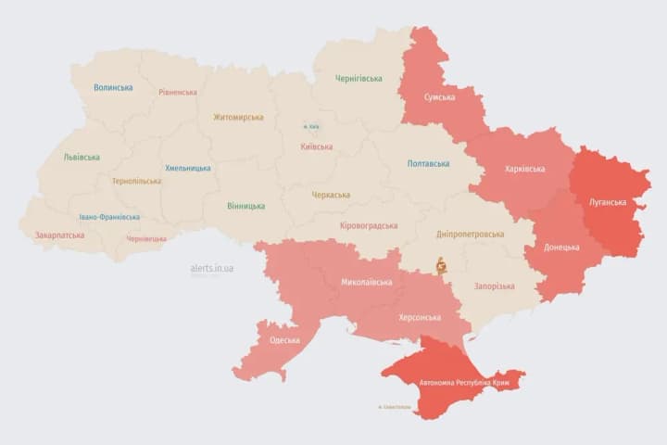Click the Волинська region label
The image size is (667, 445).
[113, 88]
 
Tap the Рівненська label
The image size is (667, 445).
[177, 93]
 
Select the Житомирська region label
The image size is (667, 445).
[238, 117]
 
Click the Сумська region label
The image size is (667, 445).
[439, 97]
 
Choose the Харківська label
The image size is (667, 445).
[525, 169]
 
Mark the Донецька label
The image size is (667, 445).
[561, 247]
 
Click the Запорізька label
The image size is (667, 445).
[494, 286]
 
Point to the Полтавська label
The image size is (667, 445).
[428, 164]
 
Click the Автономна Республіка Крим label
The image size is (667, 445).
[453, 382]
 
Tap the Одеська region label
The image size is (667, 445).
[284, 340]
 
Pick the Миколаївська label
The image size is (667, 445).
[366, 282]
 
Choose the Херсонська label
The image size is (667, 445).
[420, 317]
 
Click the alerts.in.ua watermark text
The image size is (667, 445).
[212, 268]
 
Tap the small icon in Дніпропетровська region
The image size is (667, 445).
[441, 265]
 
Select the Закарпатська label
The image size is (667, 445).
[59, 235]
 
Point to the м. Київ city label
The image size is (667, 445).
[312, 127]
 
